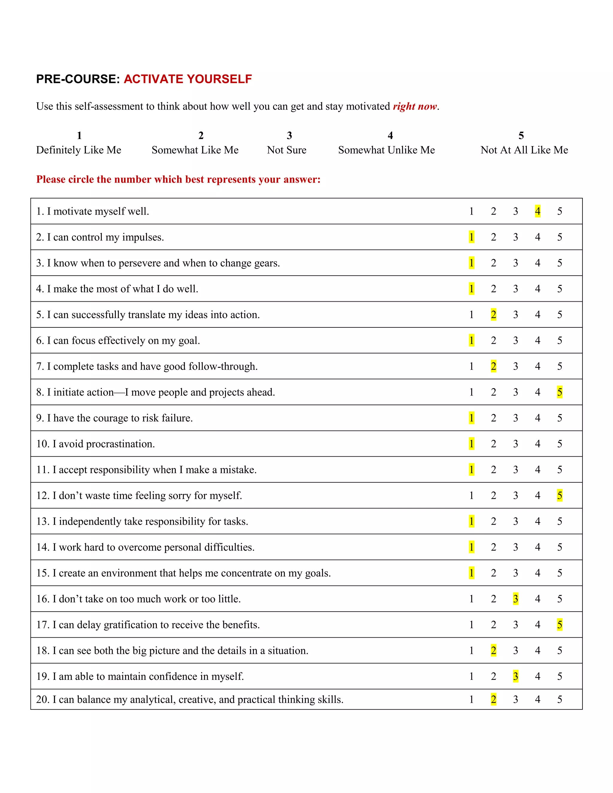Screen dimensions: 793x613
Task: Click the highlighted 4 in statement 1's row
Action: (x=538, y=211)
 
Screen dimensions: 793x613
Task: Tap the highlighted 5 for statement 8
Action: (x=560, y=392)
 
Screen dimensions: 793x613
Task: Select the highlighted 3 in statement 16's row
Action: (x=515, y=598)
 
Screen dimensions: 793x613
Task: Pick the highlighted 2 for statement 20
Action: (x=493, y=699)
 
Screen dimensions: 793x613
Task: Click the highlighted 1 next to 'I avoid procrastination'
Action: (x=471, y=443)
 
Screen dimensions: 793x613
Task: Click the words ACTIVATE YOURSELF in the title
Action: (x=188, y=79)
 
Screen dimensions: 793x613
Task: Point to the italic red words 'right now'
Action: (x=415, y=107)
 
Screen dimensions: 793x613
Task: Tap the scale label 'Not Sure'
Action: (x=286, y=150)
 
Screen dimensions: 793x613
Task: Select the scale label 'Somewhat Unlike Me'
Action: (x=386, y=150)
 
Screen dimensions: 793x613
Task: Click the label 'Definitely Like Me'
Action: (x=78, y=150)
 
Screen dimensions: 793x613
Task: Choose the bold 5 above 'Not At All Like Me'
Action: (x=521, y=136)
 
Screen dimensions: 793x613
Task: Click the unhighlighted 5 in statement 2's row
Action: (x=560, y=237)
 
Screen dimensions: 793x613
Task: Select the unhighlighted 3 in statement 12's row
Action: (x=515, y=495)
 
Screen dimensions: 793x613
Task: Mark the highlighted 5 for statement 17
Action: (x=560, y=625)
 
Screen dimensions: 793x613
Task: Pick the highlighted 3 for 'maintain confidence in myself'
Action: (x=515, y=676)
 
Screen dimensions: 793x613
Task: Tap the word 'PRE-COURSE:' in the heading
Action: (x=78, y=79)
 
